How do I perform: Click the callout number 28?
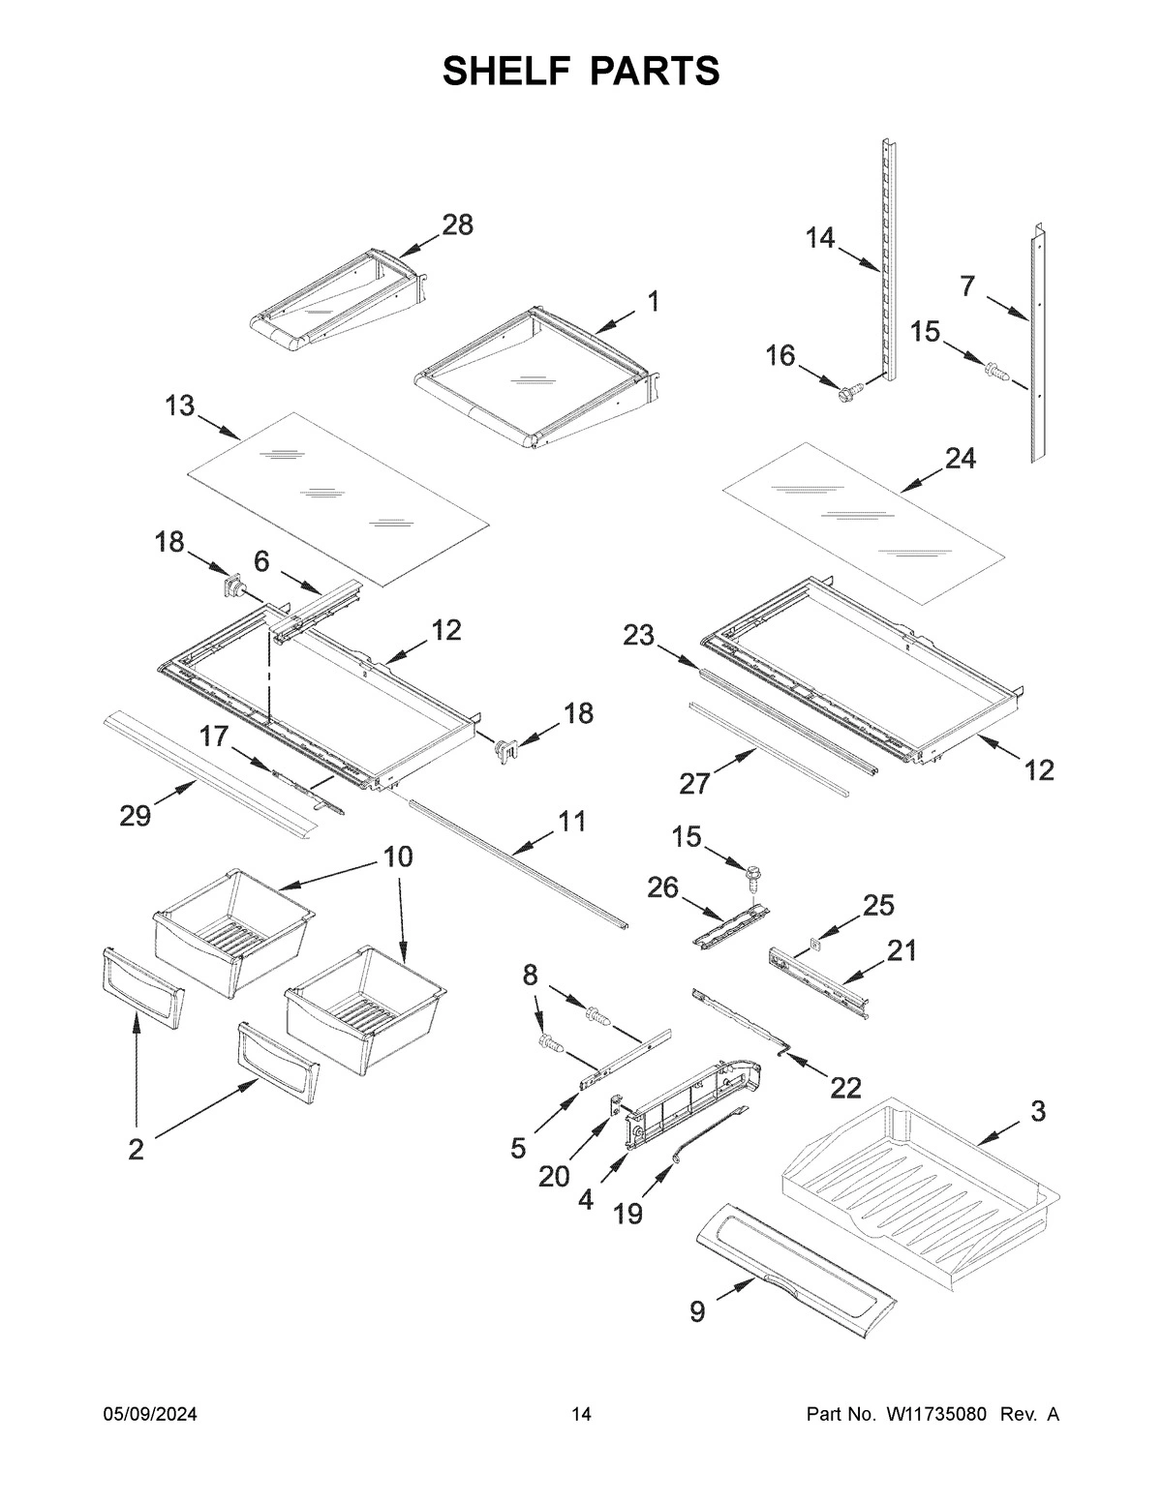[457, 225]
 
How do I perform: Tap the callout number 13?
[180, 406]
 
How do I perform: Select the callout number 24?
[960, 459]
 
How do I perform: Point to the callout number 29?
[136, 816]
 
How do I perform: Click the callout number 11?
[571, 823]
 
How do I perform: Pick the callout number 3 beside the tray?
[1037, 1113]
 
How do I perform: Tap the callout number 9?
[697, 1311]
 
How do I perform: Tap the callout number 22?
[845, 1088]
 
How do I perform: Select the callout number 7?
[966, 286]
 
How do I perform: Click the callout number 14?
[820, 238]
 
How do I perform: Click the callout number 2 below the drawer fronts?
[136, 1149]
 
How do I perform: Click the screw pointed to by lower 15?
[751, 880]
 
